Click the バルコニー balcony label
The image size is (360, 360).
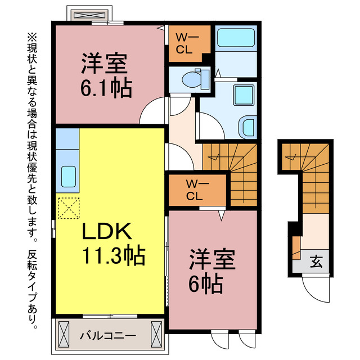click(x=107, y=336)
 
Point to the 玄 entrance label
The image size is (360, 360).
click(x=317, y=262)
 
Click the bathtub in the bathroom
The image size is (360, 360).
click(x=236, y=38)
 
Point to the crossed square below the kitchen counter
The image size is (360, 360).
click(x=68, y=209)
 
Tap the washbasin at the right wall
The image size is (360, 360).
click(x=247, y=127)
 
